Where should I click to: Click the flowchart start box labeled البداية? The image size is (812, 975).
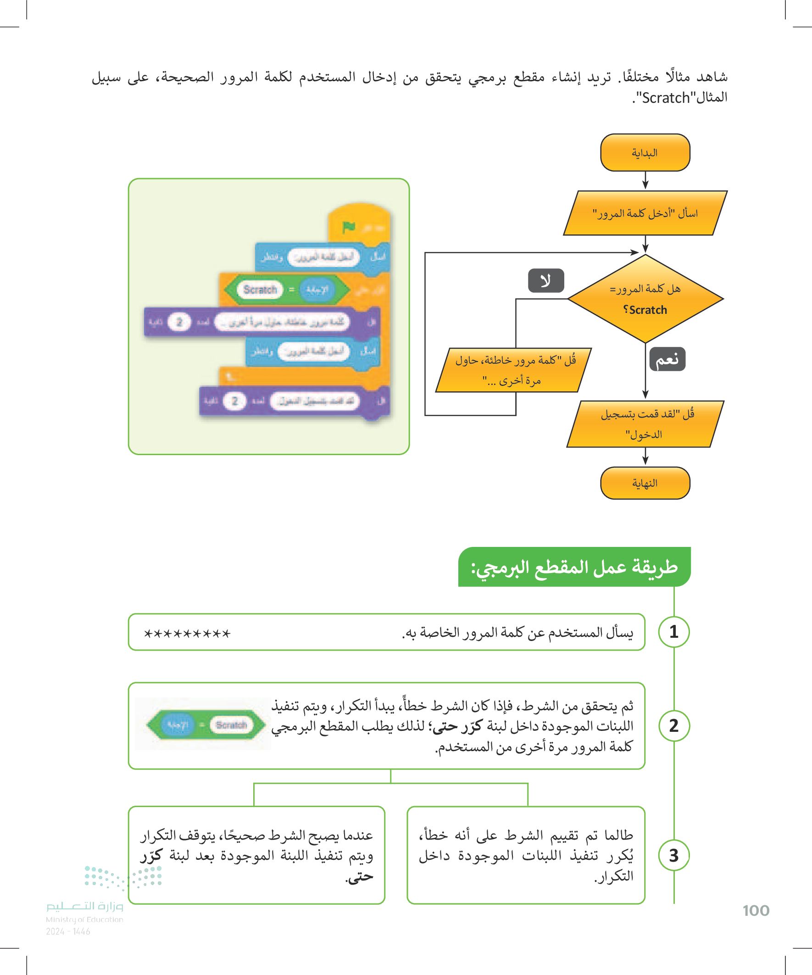(645, 153)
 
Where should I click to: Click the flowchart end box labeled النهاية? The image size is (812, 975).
(645, 483)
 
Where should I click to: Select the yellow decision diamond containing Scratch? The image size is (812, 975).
(645, 299)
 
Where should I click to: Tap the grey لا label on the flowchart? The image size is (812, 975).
(546, 280)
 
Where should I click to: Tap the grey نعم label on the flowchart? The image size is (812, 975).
(667, 359)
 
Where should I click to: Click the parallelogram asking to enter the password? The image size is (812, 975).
(645, 213)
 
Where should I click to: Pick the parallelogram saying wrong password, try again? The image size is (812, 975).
(513, 370)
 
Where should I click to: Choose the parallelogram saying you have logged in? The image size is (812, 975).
(645, 424)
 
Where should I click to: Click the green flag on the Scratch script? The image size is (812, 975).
(349, 227)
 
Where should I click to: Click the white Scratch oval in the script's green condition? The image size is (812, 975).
(260, 290)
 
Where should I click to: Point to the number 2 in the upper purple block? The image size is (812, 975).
(179, 322)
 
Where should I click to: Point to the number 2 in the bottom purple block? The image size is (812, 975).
(234, 401)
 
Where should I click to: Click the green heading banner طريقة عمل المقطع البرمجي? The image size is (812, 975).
(574, 567)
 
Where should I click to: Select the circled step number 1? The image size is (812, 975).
(673, 632)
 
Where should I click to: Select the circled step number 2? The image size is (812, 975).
(673, 726)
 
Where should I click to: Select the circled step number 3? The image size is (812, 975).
(673, 855)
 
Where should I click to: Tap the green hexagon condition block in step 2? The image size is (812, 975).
(206, 725)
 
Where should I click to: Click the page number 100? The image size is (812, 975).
(756, 910)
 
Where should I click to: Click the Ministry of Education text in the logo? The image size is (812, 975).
(84, 919)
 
